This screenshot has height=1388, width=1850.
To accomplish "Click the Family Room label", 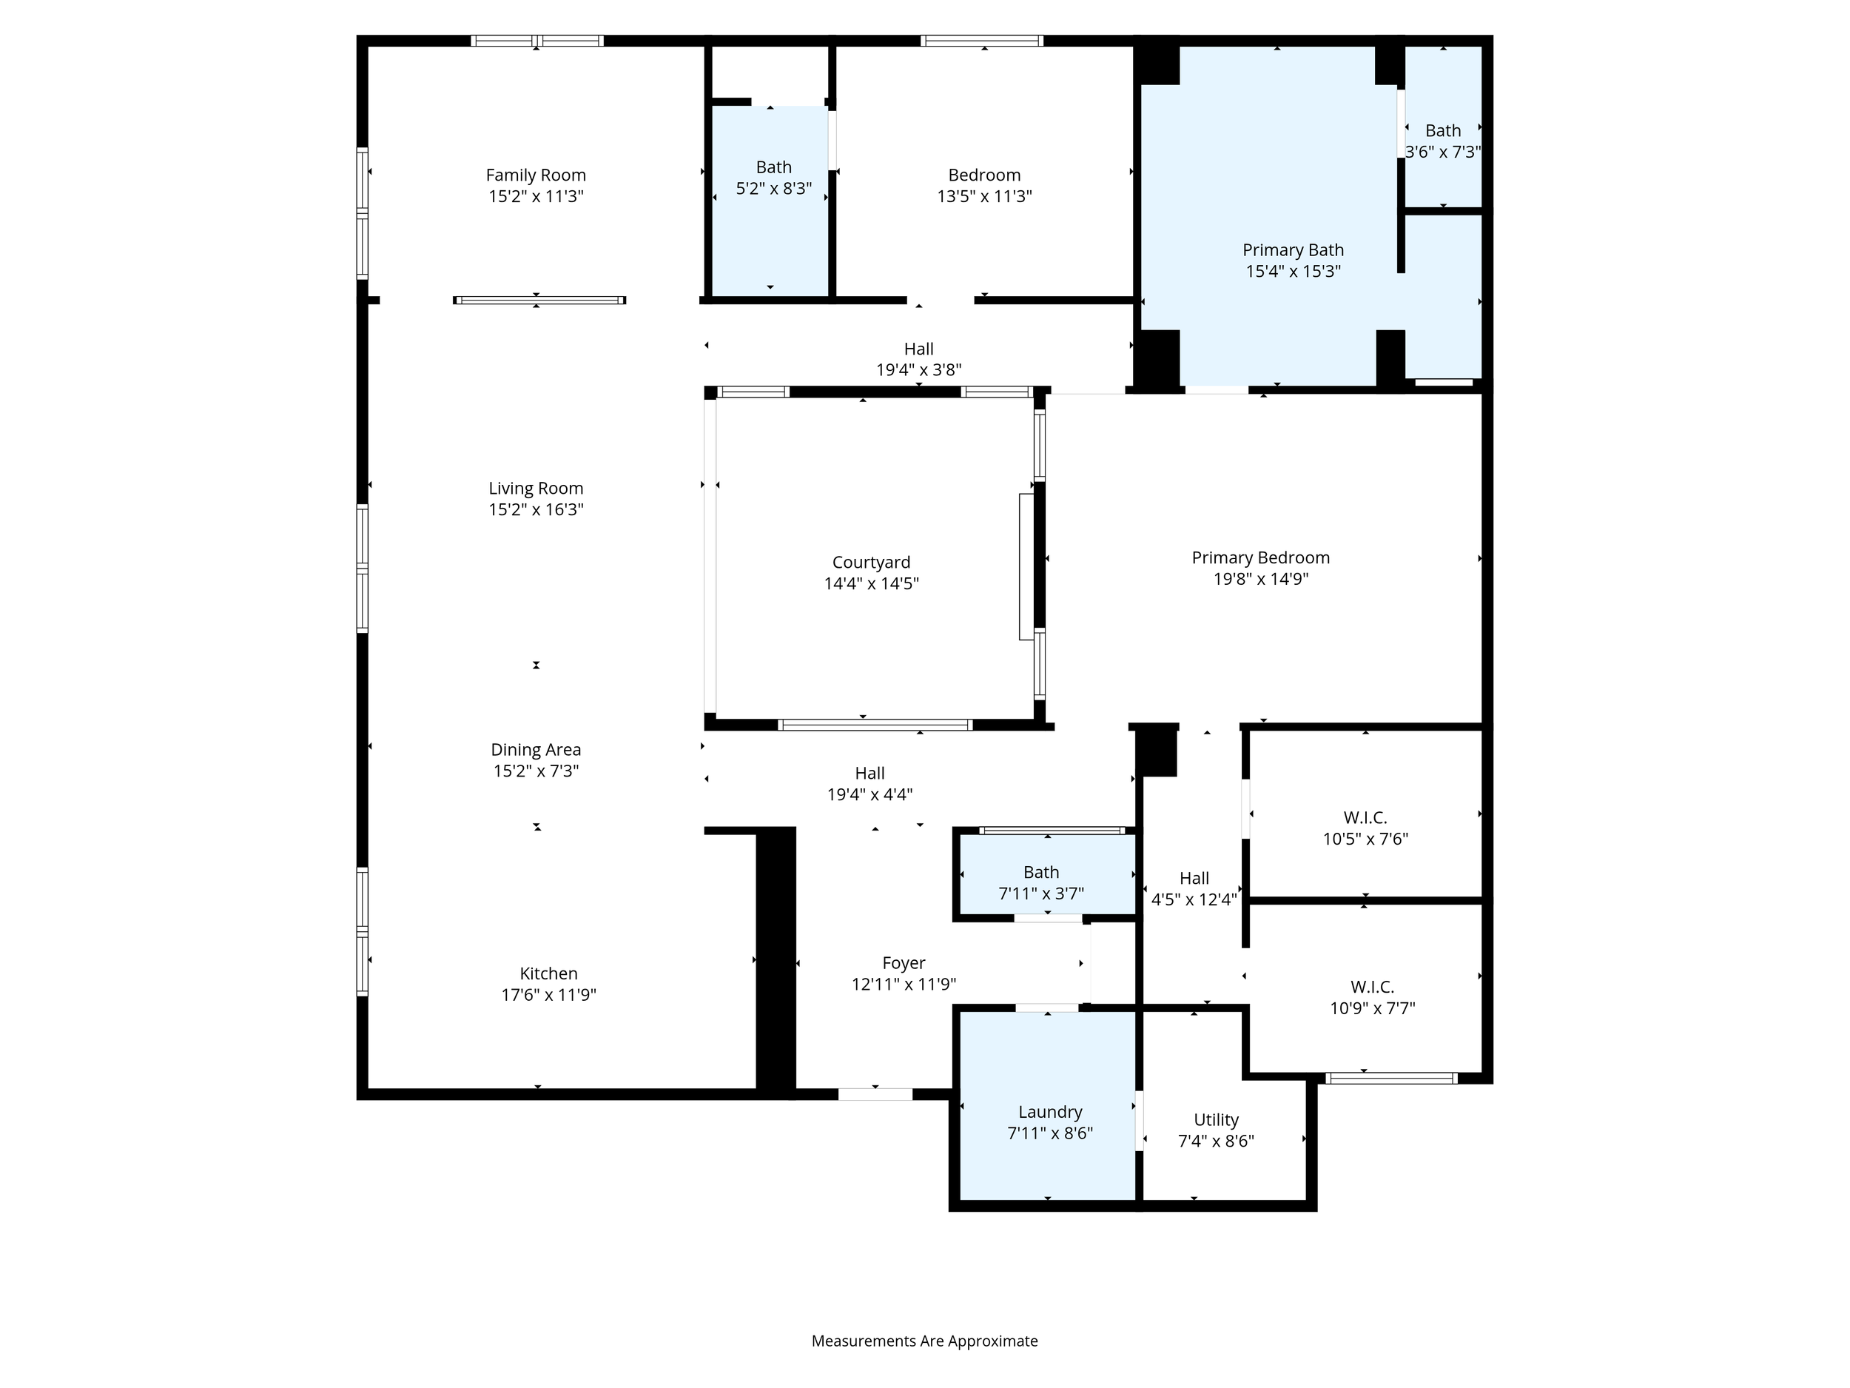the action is click(x=536, y=175).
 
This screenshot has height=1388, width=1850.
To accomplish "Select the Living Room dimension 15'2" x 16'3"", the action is click(x=536, y=509).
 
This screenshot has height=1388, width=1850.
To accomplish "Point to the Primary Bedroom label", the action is click(x=1260, y=558).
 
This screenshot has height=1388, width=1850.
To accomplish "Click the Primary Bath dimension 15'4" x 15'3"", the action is click(x=1293, y=271).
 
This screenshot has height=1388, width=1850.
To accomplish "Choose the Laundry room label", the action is click(x=1051, y=1112).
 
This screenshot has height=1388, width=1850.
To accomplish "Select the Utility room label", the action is click(x=1216, y=1119).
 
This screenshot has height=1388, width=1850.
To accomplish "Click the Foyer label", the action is click(x=904, y=963).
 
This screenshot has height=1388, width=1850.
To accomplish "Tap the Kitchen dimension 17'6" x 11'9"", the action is click(x=548, y=995).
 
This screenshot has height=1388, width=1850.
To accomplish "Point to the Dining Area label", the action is click(x=536, y=750).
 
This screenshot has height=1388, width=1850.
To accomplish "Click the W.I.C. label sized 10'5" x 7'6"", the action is click(x=1366, y=817).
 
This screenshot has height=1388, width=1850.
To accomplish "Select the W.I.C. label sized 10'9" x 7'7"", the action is click(x=1373, y=988).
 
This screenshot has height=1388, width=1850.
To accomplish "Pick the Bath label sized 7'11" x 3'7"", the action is click(x=1041, y=873).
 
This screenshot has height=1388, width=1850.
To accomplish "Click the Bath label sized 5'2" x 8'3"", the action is click(x=773, y=167).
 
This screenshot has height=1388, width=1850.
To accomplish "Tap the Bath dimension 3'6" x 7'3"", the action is click(x=1443, y=152).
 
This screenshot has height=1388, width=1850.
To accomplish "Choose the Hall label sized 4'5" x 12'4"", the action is click(x=1194, y=879).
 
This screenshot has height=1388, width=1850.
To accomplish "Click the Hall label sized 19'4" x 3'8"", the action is click(x=919, y=349).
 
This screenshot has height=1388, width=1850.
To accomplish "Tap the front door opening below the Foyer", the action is click(x=875, y=1094).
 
